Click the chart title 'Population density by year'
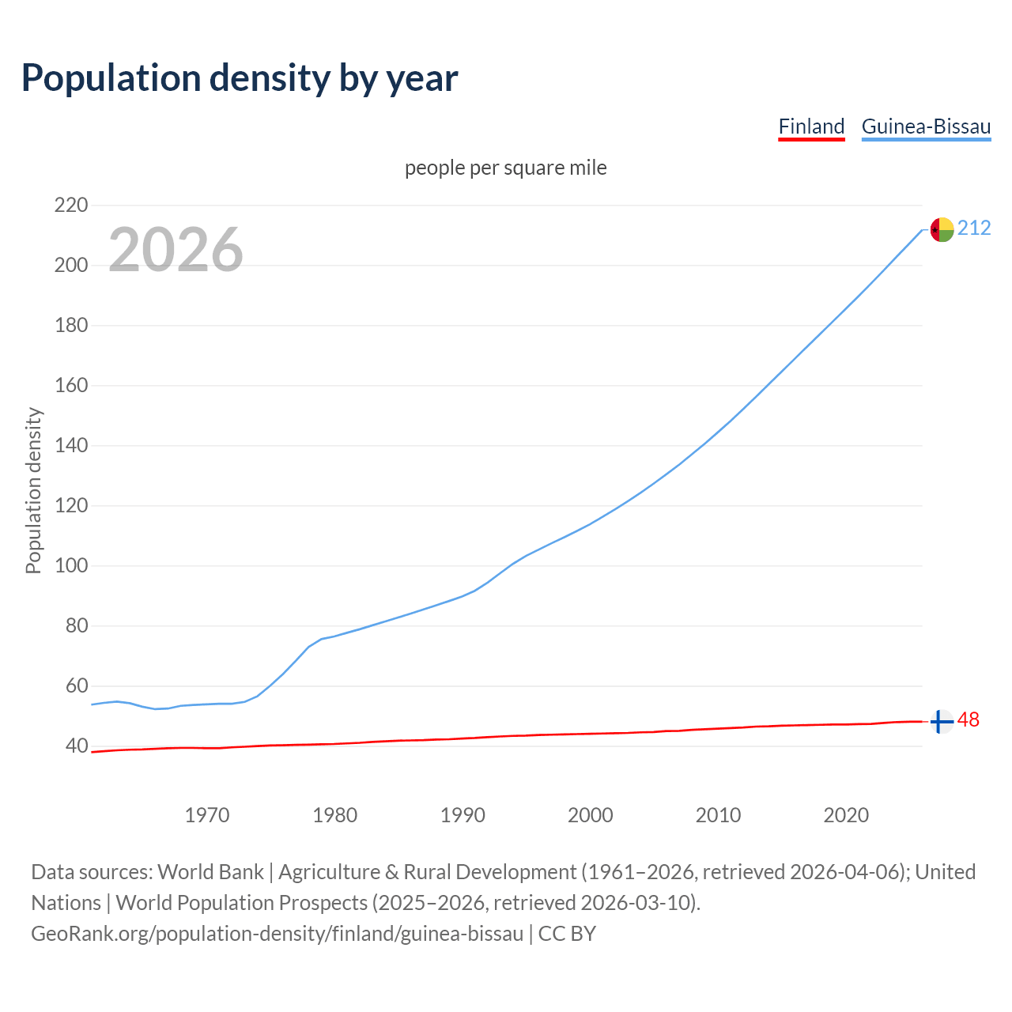point(240,77)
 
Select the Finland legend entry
point(811,126)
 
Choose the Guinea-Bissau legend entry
point(926,126)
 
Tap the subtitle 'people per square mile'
point(505,168)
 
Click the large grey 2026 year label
point(176,250)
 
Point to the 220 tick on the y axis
point(70,206)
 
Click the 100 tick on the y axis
point(70,566)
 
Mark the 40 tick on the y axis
point(75,746)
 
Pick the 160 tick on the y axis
point(70,386)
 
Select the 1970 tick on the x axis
point(207,815)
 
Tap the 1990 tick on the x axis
point(463,815)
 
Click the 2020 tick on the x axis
point(846,815)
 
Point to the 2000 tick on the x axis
point(591,815)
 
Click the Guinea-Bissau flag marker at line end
point(941,229)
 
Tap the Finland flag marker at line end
point(941,721)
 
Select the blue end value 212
point(974,228)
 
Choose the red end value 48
point(969,720)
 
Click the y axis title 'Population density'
point(33,490)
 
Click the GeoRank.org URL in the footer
point(277,934)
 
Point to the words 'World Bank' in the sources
point(210,872)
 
